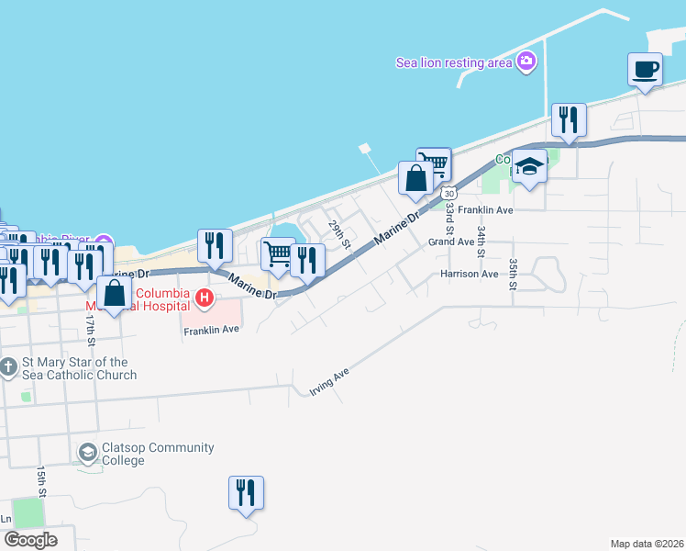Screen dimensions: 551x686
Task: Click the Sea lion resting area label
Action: (453, 62)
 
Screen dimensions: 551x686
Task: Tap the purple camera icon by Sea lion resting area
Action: (526, 62)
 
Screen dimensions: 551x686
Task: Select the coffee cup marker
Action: (645, 70)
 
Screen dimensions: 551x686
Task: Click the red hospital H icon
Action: (205, 298)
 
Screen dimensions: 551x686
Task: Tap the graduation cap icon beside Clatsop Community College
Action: (87, 452)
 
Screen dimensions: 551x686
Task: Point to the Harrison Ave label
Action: (469, 274)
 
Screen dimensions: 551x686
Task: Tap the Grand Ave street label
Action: (450, 242)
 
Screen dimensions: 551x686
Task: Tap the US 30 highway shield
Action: (448, 193)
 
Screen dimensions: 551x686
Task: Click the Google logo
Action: (29, 540)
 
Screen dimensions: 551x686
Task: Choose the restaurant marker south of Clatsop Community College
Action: (246, 493)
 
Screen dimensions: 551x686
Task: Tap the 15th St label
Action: (41, 479)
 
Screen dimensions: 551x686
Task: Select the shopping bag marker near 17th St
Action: (114, 294)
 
